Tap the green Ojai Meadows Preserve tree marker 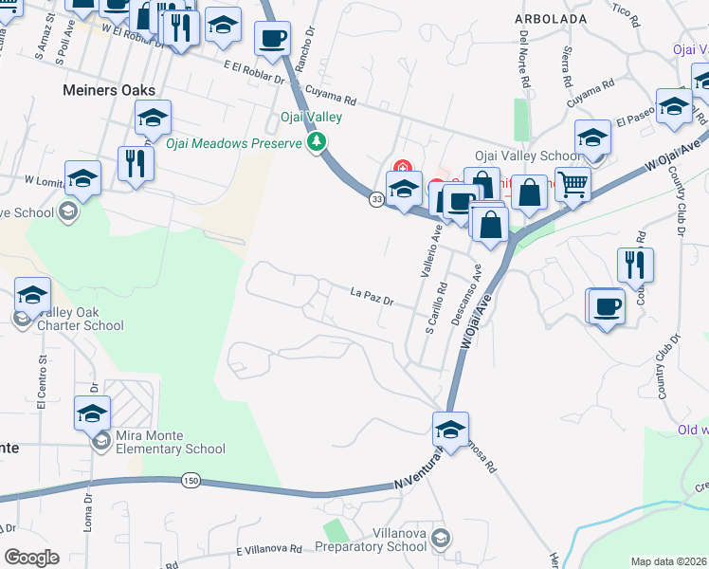(317, 143)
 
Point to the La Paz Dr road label (371, 296)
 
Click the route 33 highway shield (376, 198)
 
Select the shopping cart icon (573, 182)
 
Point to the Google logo (31, 558)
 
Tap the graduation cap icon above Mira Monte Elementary (93, 413)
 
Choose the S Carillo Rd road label (439, 307)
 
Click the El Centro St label (42, 379)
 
